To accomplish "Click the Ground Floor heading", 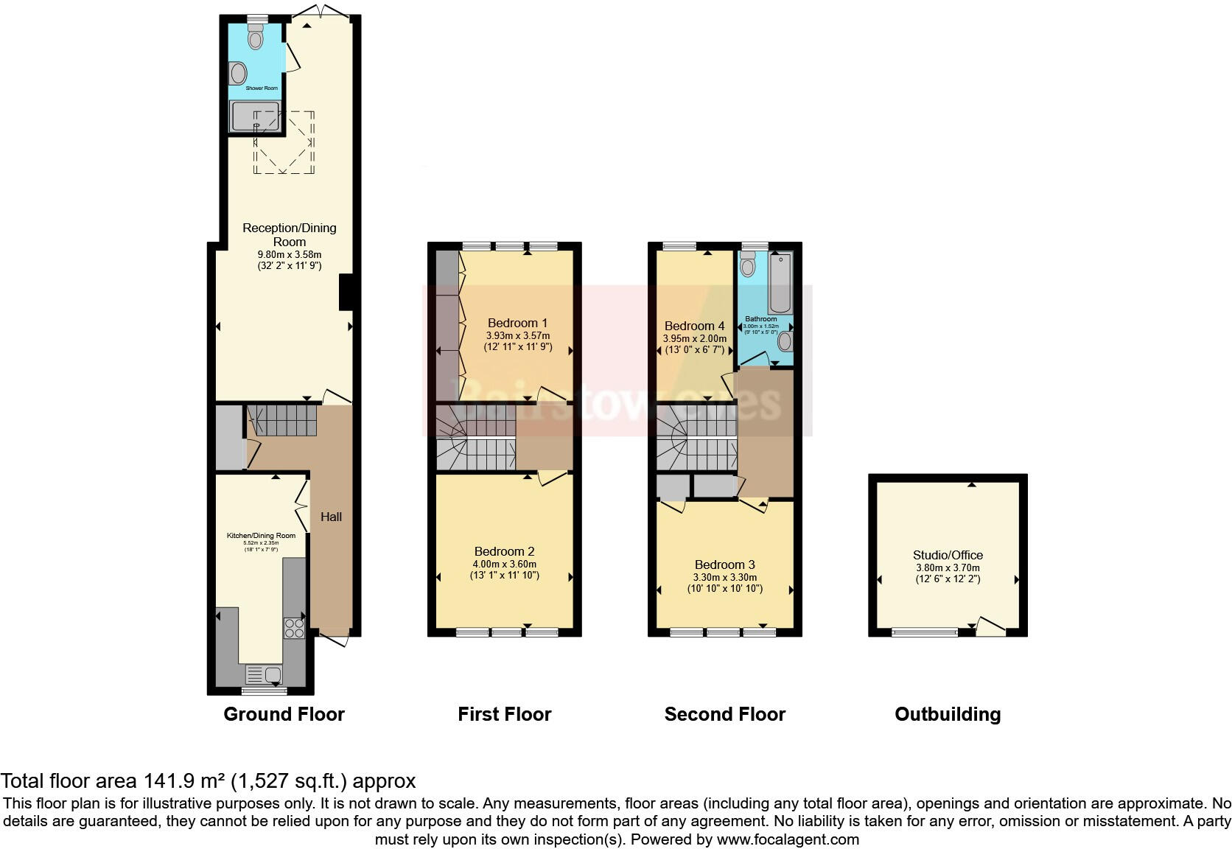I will (x=284, y=714).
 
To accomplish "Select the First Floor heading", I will (x=504, y=714).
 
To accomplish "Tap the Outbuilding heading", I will (x=948, y=714).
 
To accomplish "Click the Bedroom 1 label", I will (x=517, y=323).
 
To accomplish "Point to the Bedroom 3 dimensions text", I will (x=724, y=583).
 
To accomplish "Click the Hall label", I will (x=331, y=517).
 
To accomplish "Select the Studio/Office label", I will (x=948, y=555).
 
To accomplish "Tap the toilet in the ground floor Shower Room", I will (x=255, y=36).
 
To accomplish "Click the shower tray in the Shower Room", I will (x=255, y=116).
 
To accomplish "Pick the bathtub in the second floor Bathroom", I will (x=780, y=284).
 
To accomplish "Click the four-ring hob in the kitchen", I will (x=294, y=627).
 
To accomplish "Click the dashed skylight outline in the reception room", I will (x=284, y=143).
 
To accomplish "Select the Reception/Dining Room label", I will (x=290, y=234).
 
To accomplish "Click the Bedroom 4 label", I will (x=694, y=326).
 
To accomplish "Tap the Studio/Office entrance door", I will (x=990, y=626).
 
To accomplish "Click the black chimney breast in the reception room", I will (x=345, y=292).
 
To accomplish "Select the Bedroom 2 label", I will (x=504, y=551).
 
